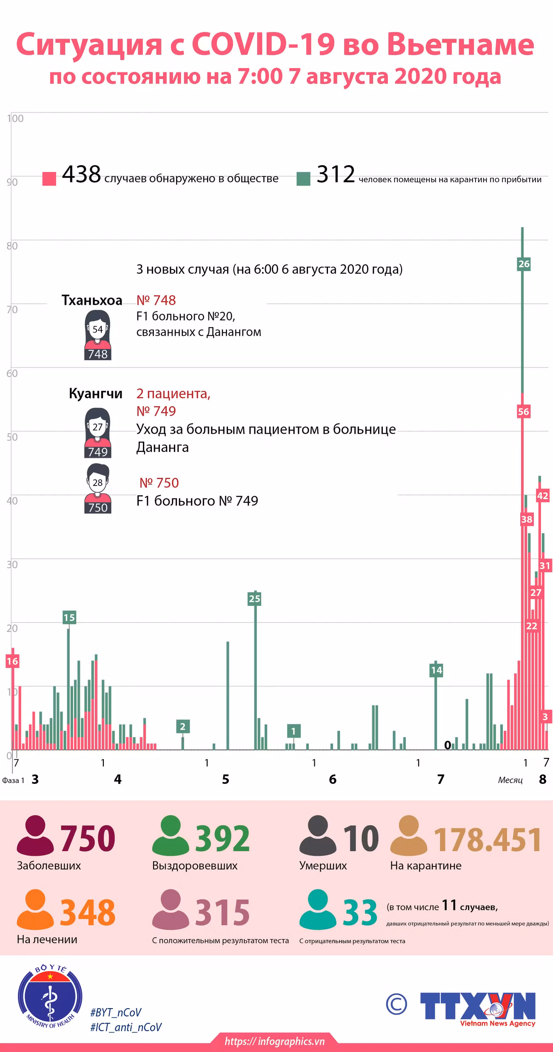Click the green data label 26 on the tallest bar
(524, 264)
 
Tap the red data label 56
(523, 412)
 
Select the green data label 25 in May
(254, 599)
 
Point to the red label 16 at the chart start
(12, 661)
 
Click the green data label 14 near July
(436, 670)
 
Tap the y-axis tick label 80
(12, 246)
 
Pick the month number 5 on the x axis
(225, 779)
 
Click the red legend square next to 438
(49, 179)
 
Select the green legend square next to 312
(303, 179)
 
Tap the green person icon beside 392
(171, 835)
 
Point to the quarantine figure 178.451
(487, 840)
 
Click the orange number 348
(88, 913)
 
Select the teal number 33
(360, 913)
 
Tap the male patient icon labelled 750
(98, 489)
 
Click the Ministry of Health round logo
(50, 997)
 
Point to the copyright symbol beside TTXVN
(396, 1004)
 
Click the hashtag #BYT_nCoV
(116, 1012)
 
